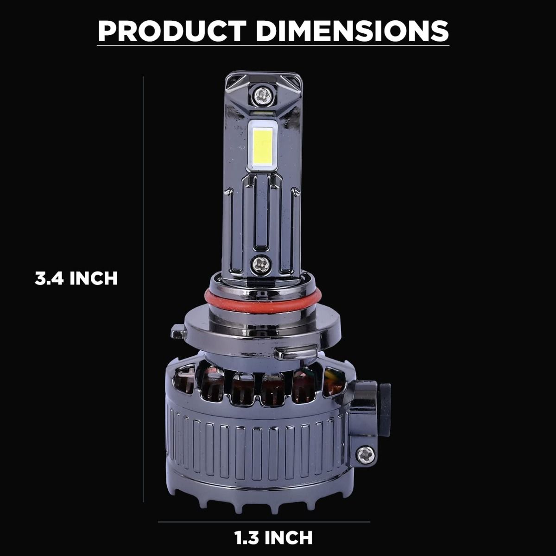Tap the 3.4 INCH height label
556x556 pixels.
(76, 278)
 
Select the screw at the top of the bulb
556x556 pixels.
(262, 95)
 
